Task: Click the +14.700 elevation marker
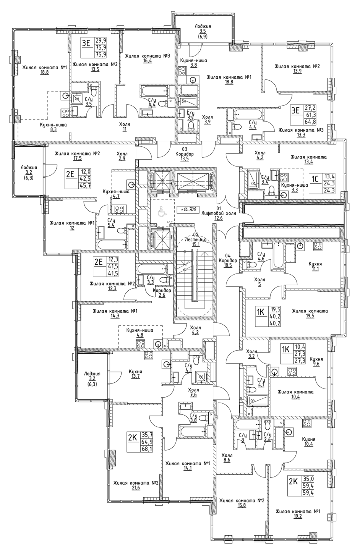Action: pyautogui.click(x=188, y=209)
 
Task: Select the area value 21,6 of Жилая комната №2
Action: pyautogui.click(x=130, y=488)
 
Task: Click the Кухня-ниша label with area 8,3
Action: pyautogui.click(x=54, y=125)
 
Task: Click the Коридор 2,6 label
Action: pyautogui.click(x=162, y=290)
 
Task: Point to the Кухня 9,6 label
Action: pyautogui.click(x=316, y=359)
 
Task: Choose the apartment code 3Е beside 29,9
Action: pyautogui.click(x=86, y=43)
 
